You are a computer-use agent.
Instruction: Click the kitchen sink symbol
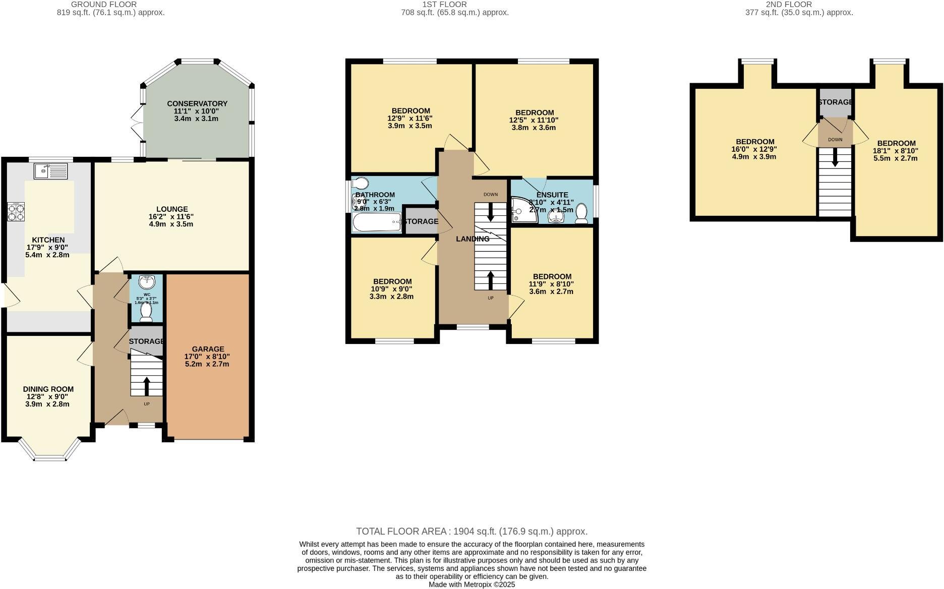[50, 171]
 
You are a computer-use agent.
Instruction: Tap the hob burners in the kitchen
[13, 212]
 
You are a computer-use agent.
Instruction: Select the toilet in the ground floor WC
[146, 312]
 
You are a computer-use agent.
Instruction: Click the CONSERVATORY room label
[197, 103]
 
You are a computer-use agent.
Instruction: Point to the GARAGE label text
[208, 349]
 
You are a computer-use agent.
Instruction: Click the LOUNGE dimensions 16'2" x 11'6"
[171, 216]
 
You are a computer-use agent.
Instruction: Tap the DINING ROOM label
[48, 389]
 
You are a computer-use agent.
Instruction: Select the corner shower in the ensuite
[519, 209]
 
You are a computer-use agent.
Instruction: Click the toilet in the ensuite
[581, 213]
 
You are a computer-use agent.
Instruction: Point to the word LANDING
[473, 239]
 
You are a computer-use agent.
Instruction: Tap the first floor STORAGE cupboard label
[421, 221]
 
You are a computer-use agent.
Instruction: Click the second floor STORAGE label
[835, 102]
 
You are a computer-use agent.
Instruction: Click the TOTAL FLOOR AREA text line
[471, 531]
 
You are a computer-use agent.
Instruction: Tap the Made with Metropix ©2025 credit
[471, 584]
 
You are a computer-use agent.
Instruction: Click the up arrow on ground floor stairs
[147, 386]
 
